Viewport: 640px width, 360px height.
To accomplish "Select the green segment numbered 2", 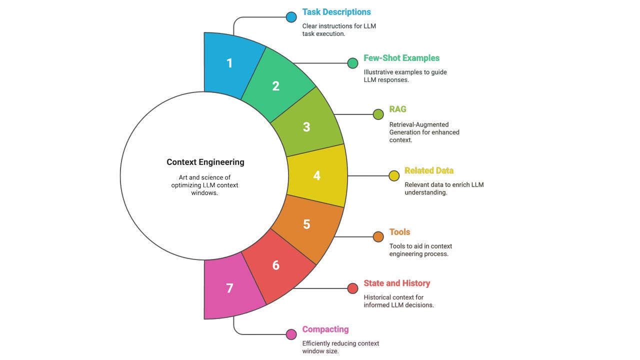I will pos(275,86).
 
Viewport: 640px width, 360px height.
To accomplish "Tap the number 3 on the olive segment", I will pos(306,127).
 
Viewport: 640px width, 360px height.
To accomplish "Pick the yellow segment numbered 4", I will pos(317,176).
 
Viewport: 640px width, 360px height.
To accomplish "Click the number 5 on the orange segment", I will pos(306,224).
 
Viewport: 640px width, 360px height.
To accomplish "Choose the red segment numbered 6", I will pos(275,265).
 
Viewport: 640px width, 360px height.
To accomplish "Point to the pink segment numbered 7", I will pos(230,288).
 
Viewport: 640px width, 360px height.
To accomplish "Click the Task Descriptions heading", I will pos(336,12).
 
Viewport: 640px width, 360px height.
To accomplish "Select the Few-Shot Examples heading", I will pos(401,58).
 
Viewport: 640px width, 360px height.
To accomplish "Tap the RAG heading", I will pos(398,109).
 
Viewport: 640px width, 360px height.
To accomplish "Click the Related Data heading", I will pos(429,170).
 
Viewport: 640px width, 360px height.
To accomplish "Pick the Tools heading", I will pos(399,232).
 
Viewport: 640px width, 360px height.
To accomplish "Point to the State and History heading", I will pos(396,283).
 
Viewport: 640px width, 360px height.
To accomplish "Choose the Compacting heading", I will pos(325,329).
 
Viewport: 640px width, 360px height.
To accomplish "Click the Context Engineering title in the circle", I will pos(205,162).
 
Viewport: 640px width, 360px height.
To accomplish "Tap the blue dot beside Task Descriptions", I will pos(291,17).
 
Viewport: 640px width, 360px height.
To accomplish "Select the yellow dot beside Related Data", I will pos(394,175).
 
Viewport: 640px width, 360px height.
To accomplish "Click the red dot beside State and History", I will pos(352,288).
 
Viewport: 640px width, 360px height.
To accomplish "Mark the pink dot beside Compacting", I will pos(291,334).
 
